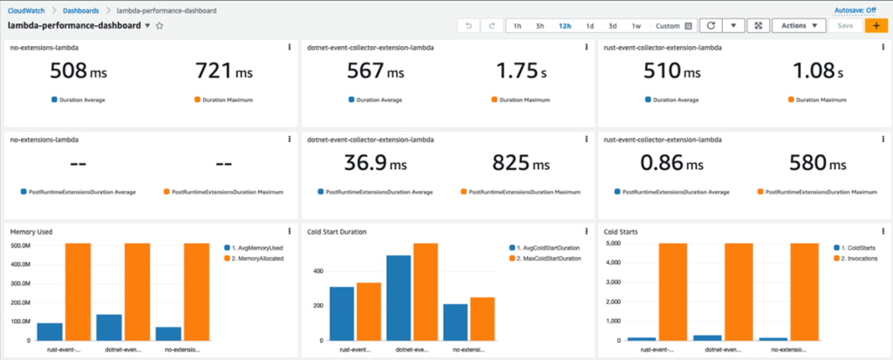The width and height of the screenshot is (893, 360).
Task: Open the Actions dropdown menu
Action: (799, 26)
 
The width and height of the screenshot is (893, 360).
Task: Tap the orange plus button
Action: (875, 26)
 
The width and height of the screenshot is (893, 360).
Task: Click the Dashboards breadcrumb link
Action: (80, 10)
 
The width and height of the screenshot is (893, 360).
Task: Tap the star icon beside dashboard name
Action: (160, 26)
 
